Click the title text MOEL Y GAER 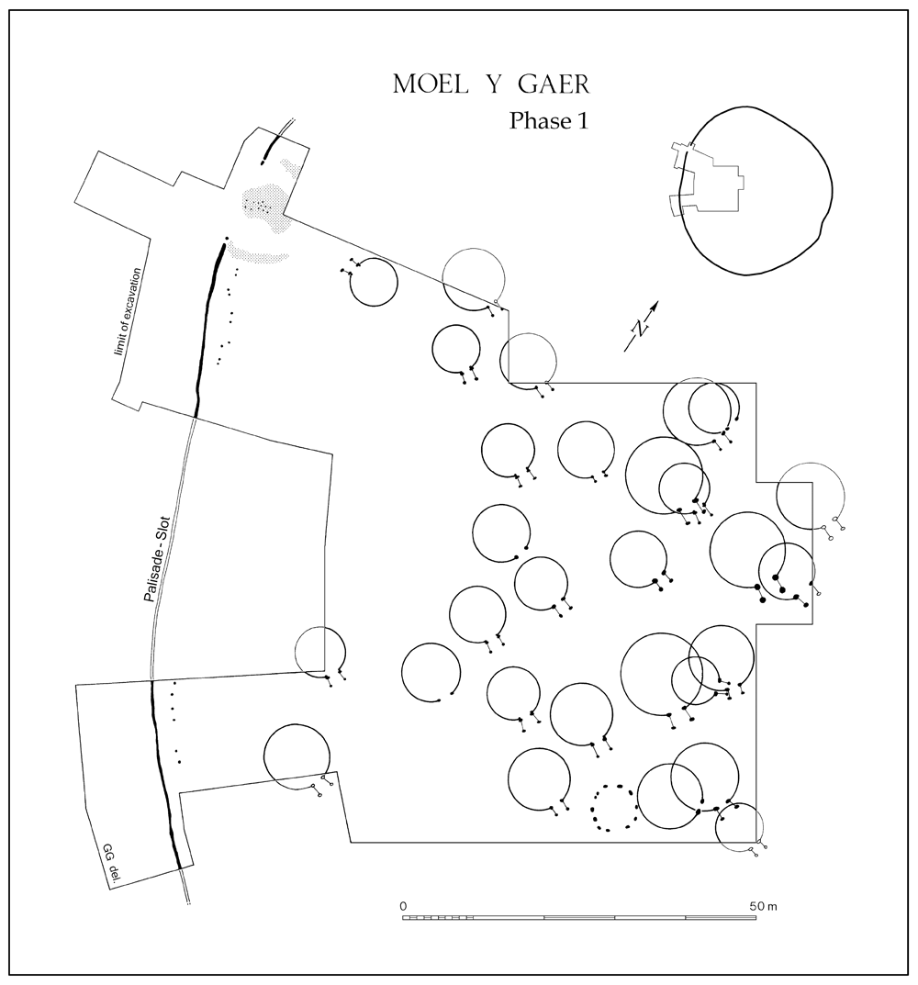491,84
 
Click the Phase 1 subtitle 549,120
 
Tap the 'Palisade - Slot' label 157,560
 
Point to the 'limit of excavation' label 129,311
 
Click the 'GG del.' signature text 110,865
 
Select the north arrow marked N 642,326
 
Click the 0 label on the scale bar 403,906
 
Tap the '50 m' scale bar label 763,906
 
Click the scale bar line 578,918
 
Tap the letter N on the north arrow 640,328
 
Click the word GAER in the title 554,84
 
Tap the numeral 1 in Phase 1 582,120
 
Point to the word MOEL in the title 431,84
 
